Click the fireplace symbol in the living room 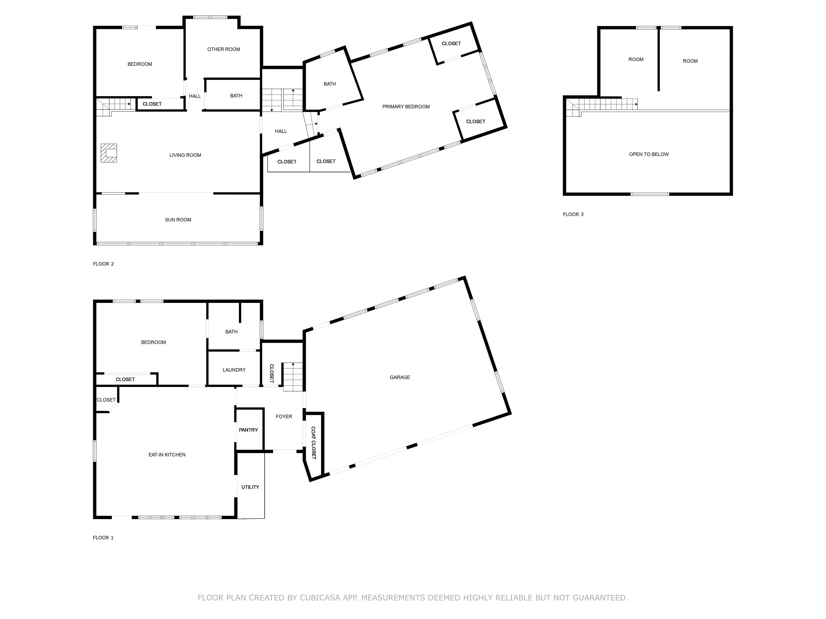click(x=109, y=153)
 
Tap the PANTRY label click(x=248, y=430)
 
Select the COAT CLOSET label click(x=313, y=443)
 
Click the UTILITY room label click(x=250, y=487)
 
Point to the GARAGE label click(x=400, y=377)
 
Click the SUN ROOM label click(x=178, y=220)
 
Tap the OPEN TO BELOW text click(x=649, y=154)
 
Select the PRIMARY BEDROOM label click(x=406, y=107)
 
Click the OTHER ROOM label click(x=224, y=49)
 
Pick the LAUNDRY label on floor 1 click(x=234, y=370)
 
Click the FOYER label click(x=284, y=417)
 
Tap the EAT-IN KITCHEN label click(x=167, y=454)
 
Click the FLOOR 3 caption click(x=573, y=214)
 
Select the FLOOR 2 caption click(x=104, y=264)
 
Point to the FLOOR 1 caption click(x=103, y=537)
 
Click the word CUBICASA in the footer click(x=320, y=598)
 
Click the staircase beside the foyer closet click(x=292, y=377)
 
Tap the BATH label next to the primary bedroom click(x=329, y=84)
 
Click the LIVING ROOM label click(x=185, y=155)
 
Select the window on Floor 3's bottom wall click(x=650, y=194)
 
